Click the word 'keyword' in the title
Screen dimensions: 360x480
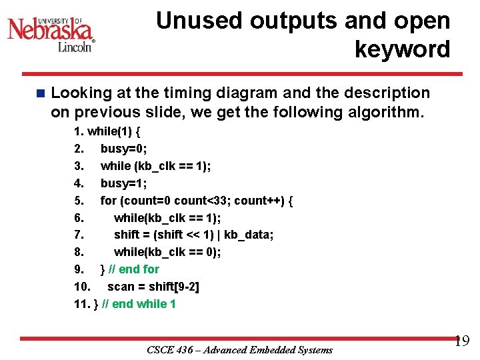click(402, 49)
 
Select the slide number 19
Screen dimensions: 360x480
click(461, 342)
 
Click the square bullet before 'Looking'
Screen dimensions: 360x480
click(41, 93)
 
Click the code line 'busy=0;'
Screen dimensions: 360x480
click(124, 148)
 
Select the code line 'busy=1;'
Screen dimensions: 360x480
click(124, 183)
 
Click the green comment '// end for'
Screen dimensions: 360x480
click(134, 269)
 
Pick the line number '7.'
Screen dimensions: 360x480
click(79, 235)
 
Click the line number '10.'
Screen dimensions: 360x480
click(82, 287)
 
